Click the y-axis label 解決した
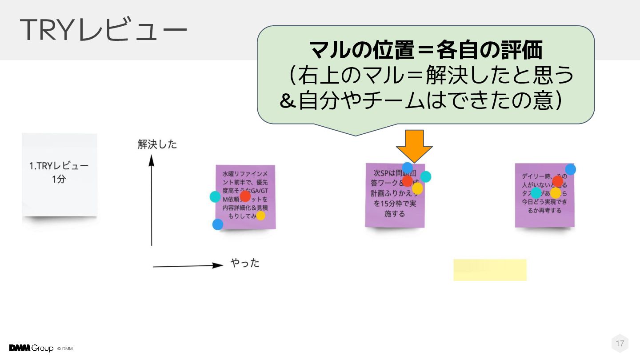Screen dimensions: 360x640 pyautogui.click(x=157, y=144)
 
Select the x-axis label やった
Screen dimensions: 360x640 pyautogui.click(x=245, y=263)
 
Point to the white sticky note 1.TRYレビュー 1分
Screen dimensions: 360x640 pyautogui.click(x=59, y=174)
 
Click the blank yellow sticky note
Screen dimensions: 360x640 pyautogui.click(x=490, y=270)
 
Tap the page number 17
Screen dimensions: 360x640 pyautogui.click(x=620, y=343)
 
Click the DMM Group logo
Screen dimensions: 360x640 pyautogui.click(x=31, y=348)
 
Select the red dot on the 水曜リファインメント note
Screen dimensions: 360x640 pyautogui.click(x=245, y=196)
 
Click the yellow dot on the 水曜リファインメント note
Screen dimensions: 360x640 pyautogui.click(x=260, y=216)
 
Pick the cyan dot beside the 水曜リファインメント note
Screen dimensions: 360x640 pyautogui.click(x=215, y=196)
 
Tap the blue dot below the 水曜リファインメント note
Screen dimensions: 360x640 pyautogui.click(x=218, y=224)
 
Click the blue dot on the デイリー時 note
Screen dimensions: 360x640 pyautogui.click(x=571, y=169)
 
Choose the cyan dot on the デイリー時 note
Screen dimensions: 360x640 pyautogui.click(x=536, y=193)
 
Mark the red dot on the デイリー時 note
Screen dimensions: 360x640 pyautogui.click(x=557, y=181)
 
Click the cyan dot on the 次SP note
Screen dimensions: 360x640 pyautogui.click(x=426, y=176)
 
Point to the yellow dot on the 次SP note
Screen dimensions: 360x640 pyautogui.click(x=417, y=189)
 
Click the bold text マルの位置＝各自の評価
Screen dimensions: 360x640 pyautogui.click(x=425, y=50)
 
